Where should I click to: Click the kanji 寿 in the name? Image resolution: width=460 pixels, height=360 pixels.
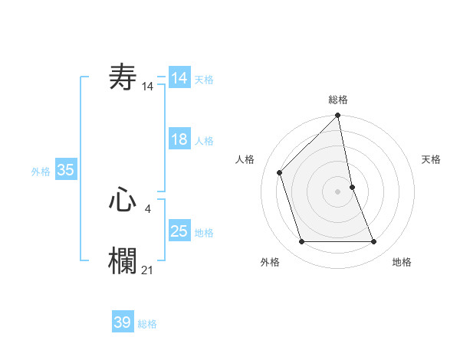pos(123,77)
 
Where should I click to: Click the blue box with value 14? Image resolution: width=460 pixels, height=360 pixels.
pos(179,78)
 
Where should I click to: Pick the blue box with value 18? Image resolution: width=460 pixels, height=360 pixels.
pos(179,139)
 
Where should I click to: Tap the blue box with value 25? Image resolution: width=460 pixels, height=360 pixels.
pos(179,231)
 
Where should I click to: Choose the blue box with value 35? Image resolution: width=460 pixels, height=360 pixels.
pos(66,170)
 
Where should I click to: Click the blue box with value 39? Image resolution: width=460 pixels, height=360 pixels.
pos(123,322)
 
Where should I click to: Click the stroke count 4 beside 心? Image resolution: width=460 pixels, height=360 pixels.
pos(148,207)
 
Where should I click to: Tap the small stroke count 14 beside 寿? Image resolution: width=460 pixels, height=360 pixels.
pos(148,87)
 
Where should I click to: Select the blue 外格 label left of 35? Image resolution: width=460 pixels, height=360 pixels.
pos(41,172)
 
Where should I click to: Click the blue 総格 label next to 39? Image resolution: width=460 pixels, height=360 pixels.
pos(147,324)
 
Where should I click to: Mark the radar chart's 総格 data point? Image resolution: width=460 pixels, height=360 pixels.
pos(338,116)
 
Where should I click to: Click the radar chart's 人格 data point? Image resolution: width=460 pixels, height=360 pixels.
pos(280,172)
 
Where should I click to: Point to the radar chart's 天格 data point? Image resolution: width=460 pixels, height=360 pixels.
pos(352,187)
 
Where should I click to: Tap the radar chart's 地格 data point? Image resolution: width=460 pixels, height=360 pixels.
pos(374,241)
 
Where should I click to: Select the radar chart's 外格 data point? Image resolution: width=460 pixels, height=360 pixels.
pos(301,241)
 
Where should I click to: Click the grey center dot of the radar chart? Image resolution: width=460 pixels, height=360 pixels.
pos(338,191)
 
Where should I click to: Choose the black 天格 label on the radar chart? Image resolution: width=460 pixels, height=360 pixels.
pos(431,159)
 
